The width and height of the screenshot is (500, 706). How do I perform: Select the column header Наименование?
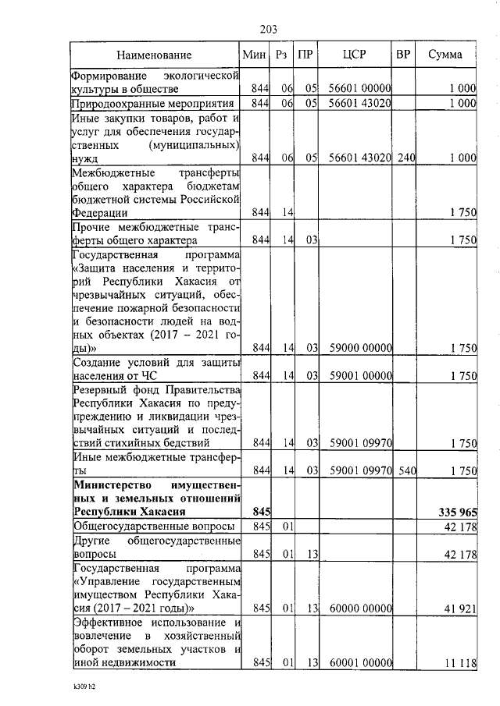pos(155,55)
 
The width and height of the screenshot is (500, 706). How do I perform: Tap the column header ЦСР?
pos(355,55)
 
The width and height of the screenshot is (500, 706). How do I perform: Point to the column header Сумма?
pos(445,55)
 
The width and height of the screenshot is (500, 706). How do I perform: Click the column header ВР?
pos(403,55)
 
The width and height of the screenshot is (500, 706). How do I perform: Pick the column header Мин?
pos(255,55)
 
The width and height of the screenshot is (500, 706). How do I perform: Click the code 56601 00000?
pos(359,89)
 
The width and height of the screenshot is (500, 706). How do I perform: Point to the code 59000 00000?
pos(359,348)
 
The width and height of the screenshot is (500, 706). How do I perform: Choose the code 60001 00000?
pos(359,662)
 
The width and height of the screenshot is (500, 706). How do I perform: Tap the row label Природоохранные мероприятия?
pos(153,104)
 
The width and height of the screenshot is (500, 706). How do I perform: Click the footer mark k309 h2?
pos(80,689)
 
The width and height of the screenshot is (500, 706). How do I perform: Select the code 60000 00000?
pos(359,608)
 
